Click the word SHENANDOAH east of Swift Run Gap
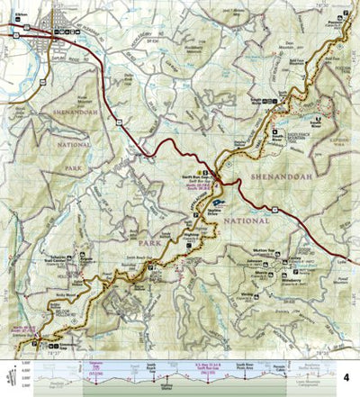[281, 176]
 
